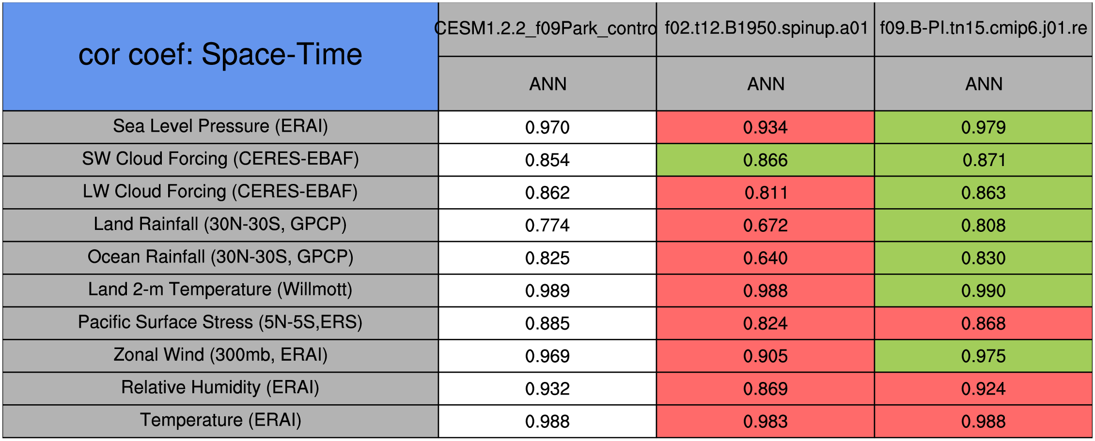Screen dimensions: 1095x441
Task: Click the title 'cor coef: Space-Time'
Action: tap(220, 54)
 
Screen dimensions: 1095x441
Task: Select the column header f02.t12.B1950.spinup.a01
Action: tap(766, 28)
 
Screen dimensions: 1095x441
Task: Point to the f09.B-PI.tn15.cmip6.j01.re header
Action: tap(984, 28)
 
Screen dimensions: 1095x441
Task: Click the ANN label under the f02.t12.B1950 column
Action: tap(766, 84)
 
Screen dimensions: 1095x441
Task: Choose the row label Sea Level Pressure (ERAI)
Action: tap(220, 126)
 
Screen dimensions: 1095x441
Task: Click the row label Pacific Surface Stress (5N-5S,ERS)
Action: tap(220, 322)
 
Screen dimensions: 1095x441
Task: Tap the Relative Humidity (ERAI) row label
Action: tap(220, 388)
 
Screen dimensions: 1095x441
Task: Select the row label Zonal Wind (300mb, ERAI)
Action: tap(220, 355)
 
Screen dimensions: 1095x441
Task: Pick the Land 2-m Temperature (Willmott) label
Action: tap(220, 289)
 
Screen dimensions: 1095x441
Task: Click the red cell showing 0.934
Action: tap(766, 127)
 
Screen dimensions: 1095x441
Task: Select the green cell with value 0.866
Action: tap(766, 160)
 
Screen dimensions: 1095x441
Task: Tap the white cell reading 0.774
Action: tap(547, 225)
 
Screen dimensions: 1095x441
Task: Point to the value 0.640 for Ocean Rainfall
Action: tap(766, 258)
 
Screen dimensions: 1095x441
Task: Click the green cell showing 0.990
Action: tap(984, 290)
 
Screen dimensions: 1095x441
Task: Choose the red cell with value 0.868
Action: tap(984, 323)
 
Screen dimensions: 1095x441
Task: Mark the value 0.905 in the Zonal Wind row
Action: tap(766, 356)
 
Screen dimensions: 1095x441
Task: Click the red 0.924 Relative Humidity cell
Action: tap(984, 389)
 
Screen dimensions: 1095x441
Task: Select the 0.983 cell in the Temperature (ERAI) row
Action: tap(766, 421)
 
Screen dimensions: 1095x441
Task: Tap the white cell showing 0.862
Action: tap(547, 193)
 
